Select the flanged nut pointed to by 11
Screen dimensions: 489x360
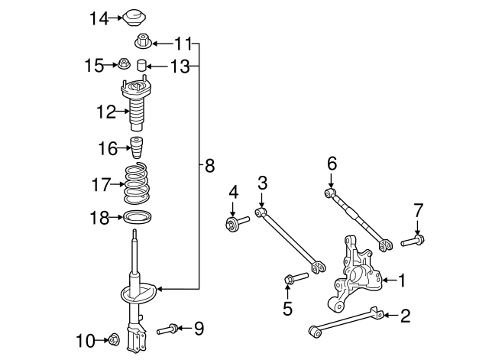[143, 42]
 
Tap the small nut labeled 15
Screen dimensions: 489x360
[123, 63]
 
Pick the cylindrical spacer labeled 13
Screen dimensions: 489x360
[142, 65]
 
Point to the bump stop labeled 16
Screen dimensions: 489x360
[136, 148]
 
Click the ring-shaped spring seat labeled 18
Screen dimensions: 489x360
[138, 217]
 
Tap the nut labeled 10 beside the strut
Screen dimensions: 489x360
[114, 340]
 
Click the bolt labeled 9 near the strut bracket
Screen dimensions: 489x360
[167, 329]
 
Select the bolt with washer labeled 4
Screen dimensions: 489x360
[237, 223]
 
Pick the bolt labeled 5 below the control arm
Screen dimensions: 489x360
[296, 277]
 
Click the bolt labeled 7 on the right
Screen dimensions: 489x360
[413, 241]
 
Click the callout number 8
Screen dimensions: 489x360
[209, 166]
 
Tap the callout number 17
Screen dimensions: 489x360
[101, 184]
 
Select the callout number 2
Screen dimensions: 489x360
[405, 316]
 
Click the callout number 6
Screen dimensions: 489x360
[332, 164]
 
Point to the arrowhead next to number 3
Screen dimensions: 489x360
[261, 205]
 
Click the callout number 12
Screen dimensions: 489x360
[106, 112]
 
